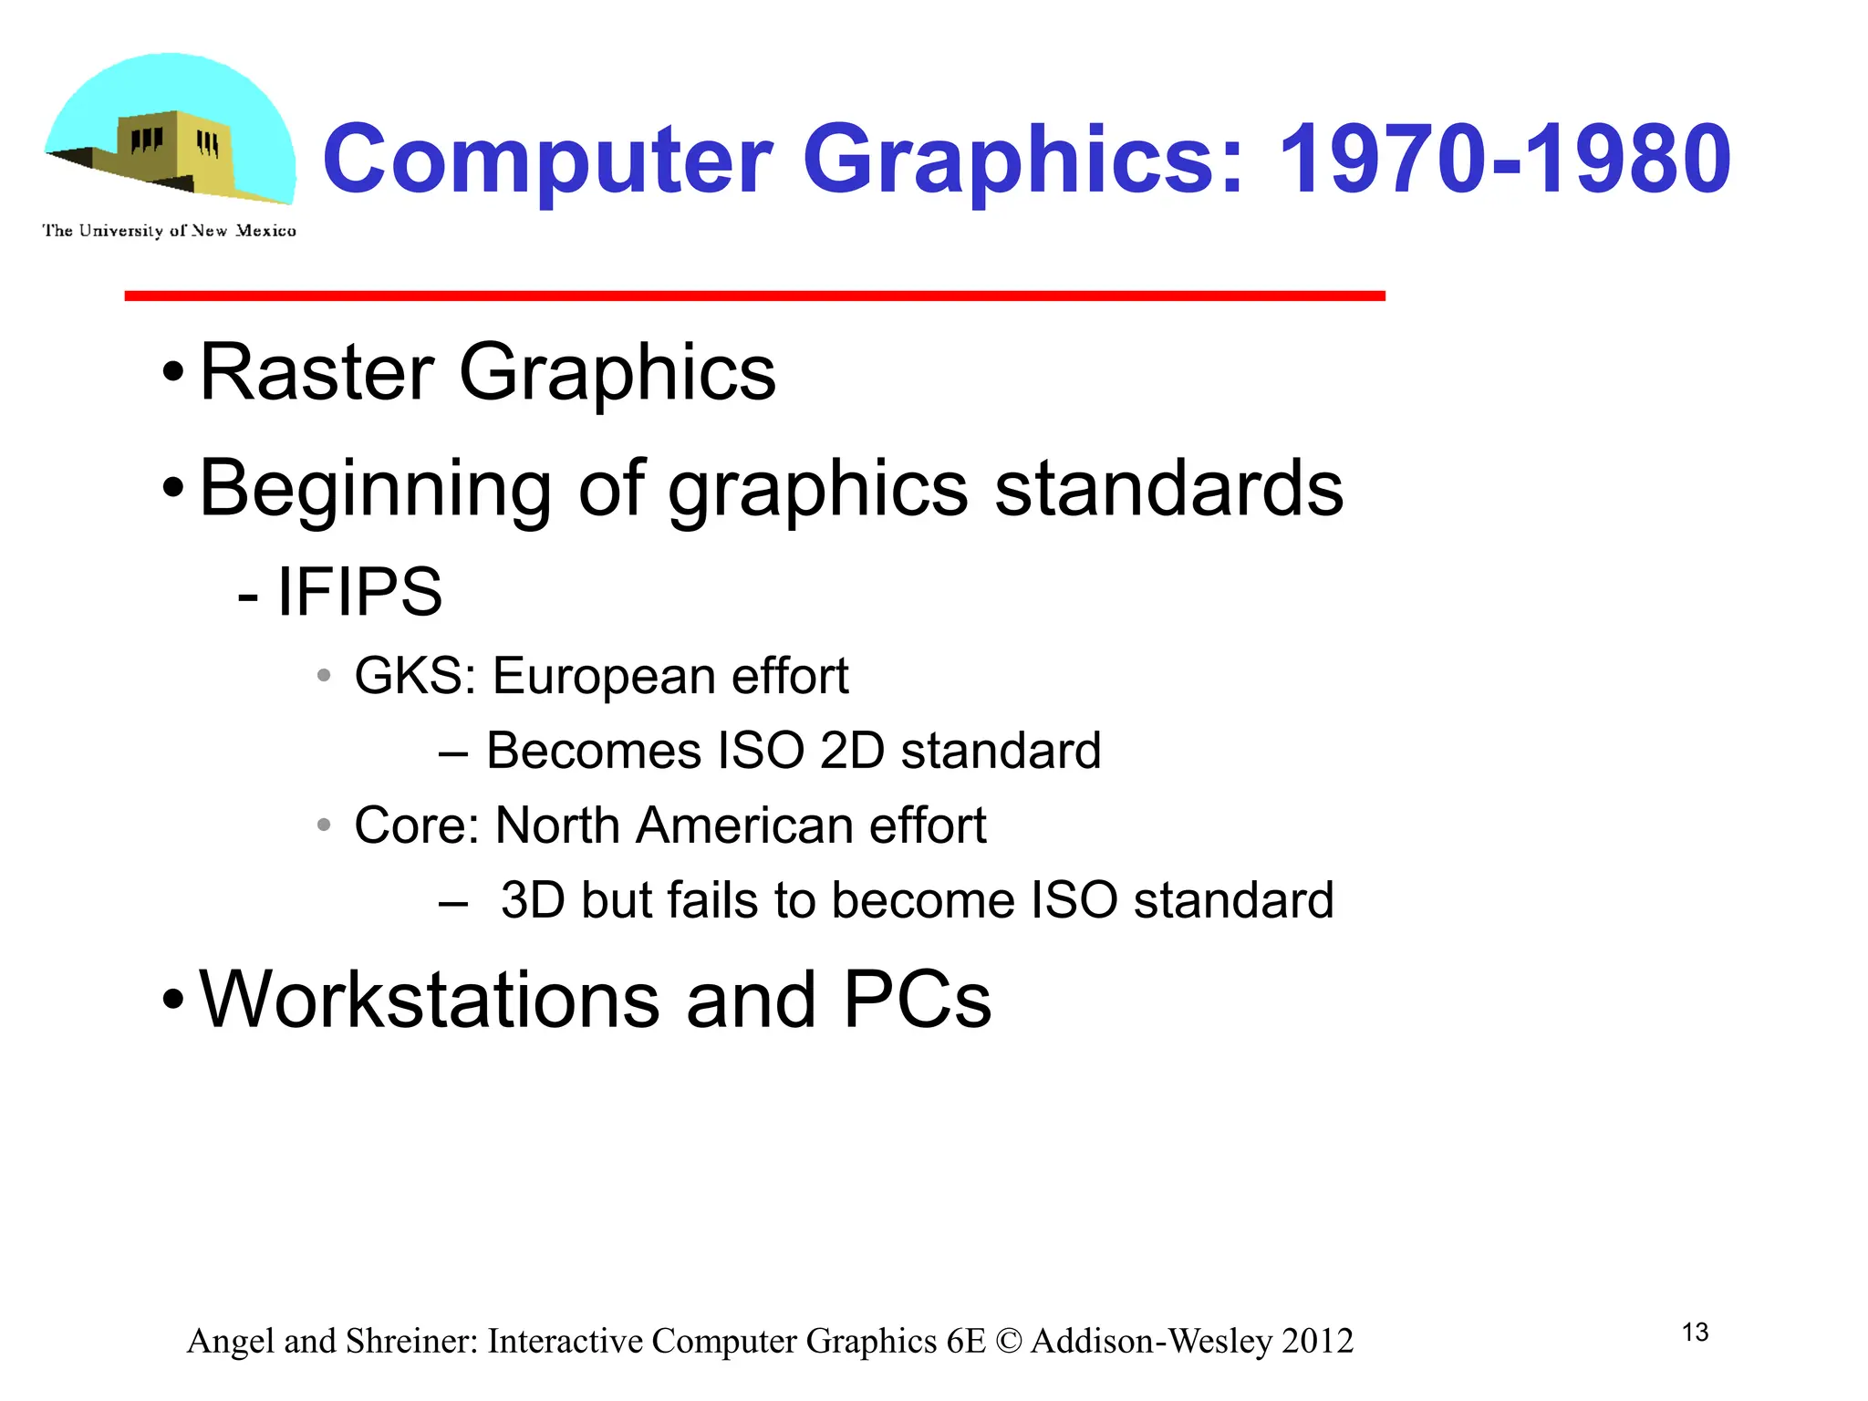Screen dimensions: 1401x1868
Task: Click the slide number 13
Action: [x=1695, y=1333]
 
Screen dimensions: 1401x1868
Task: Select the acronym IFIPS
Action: [x=359, y=592]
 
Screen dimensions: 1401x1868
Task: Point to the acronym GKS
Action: [x=410, y=677]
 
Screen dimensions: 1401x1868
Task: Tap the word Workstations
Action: [x=430, y=1000]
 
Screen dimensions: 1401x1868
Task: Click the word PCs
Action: [x=917, y=1000]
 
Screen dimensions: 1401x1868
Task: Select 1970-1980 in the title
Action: [x=1504, y=161]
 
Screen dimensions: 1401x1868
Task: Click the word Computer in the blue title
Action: [x=548, y=162]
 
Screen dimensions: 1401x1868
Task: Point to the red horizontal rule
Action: [x=754, y=296]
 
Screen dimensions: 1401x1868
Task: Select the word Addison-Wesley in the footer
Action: [x=1151, y=1341]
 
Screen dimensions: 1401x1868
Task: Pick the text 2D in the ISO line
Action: [x=852, y=751]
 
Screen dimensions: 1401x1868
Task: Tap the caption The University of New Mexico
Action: [x=169, y=231]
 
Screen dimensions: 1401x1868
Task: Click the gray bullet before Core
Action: [x=324, y=825]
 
